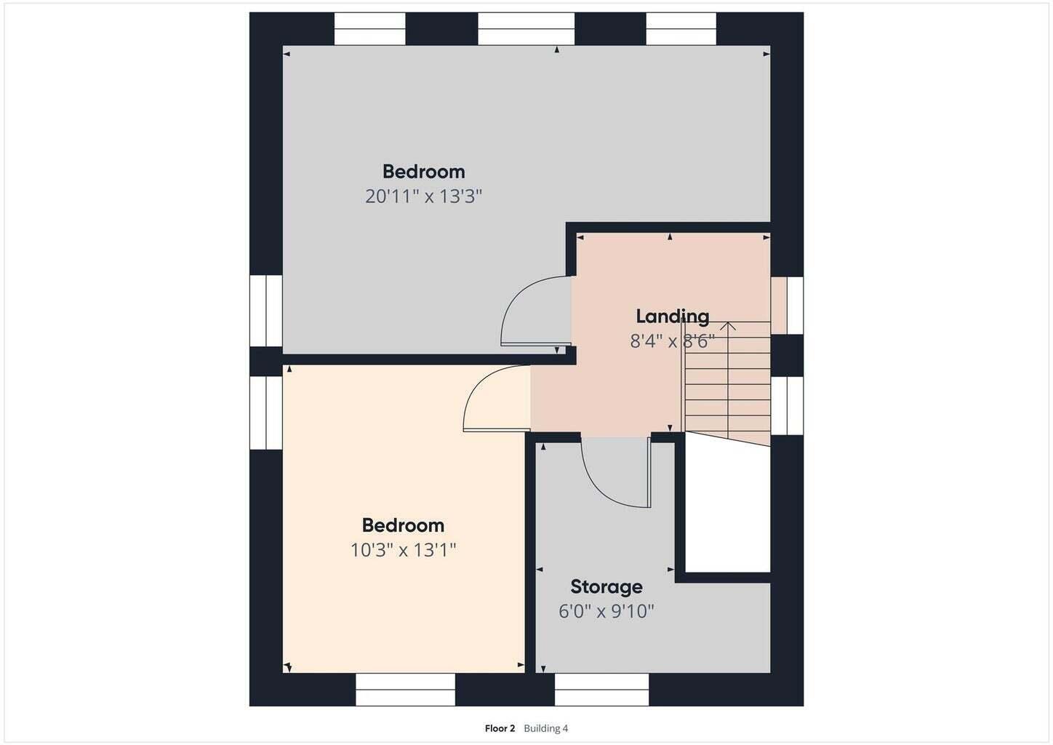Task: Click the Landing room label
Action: click(672, 316)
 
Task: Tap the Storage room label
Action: click(606, 586)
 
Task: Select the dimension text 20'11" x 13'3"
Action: click(423, 196)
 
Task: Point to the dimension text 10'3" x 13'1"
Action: click(404, 550)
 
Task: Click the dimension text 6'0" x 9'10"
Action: click(606, 611)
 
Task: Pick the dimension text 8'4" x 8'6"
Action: click(672, 341)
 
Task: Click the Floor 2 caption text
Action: click(500, 728)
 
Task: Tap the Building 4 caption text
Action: click(546, 728)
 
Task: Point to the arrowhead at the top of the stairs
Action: click(728, 325)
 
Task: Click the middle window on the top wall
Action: click(526, 28)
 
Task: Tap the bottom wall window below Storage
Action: click(601, 690)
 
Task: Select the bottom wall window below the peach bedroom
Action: click(405, 690)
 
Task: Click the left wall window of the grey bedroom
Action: click(265, 311)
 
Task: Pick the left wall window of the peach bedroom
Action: click(265, 413)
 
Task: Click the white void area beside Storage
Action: click(727, 503)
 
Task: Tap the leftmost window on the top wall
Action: click(369, 28)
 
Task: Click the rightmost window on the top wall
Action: click(681, 28)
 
